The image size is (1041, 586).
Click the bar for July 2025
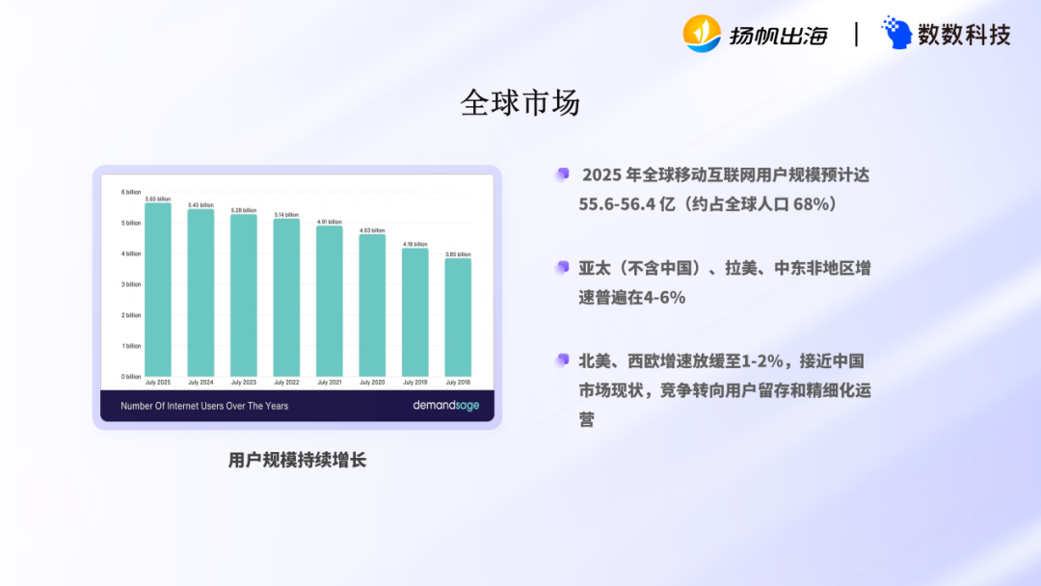(158, 289)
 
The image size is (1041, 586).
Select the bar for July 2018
(458, 317)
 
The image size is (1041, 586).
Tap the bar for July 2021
(330, 301)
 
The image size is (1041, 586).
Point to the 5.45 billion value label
(200, 205)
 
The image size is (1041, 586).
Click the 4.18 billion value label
(414, 244)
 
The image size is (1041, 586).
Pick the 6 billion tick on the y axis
(130, 192)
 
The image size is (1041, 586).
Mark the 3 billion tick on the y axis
(130, 284)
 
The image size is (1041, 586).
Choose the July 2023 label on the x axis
(244, 383)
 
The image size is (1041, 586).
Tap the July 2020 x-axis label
(372, 383)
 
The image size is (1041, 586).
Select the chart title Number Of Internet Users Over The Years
(204, 406)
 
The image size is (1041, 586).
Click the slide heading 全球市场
(520, 102)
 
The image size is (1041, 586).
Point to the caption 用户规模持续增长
(297, 460)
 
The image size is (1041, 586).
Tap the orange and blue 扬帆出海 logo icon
(702, 34)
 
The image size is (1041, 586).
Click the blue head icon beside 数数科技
(896, 34)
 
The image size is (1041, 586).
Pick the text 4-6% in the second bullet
(665, 298)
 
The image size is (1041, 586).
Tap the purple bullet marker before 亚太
(562, 267)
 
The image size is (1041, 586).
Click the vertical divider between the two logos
(856, 35)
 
